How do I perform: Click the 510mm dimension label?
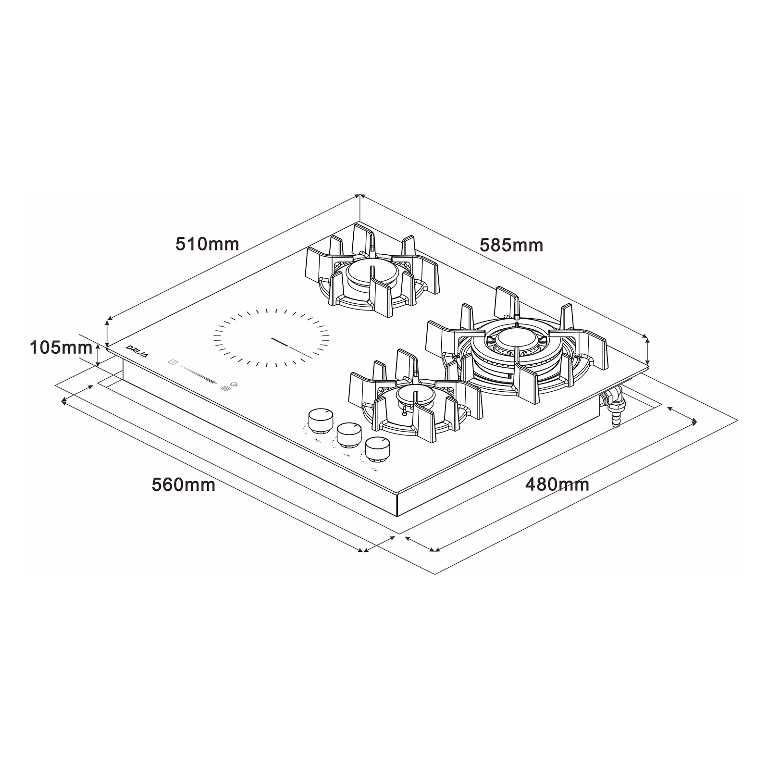pyautogui.click(x=207, y=244)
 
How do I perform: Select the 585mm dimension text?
pyautogui.click(x=511, y=246)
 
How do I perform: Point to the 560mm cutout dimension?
pyautogui.click(x=183, y=484)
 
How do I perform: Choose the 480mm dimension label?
pyautogui.click(x=558, y=484)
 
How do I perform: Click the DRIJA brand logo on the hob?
pyautogui.click(x=137, y=349)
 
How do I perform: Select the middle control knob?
pyautogui.click(x=349, y=434)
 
